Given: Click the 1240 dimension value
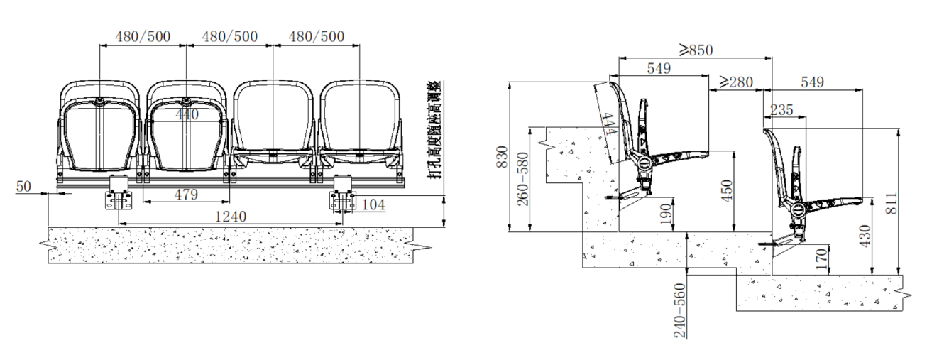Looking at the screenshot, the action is pos(231,217).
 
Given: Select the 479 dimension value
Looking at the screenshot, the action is pos(186,195).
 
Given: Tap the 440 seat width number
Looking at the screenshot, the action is pos(187,114).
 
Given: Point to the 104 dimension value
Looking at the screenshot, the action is pos(373,204).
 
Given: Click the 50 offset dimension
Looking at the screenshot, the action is pos(23,187).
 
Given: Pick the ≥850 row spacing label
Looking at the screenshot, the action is pos(696,50).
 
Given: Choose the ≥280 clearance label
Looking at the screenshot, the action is pos(736,82).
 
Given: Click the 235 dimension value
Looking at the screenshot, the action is pos(781,109).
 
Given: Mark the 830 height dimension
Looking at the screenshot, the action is pos(502,157).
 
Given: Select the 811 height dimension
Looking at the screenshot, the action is pos(893,203).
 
